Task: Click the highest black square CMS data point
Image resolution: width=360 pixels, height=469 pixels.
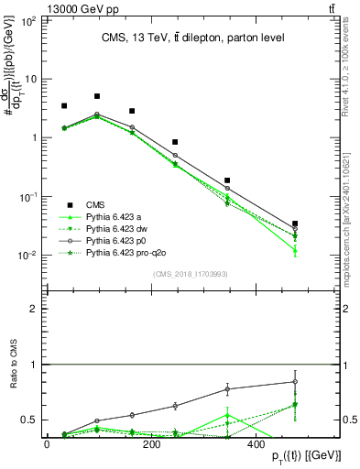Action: [x=97, y=96]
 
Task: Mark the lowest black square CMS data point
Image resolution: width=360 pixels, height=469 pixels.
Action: [x=295, y=224]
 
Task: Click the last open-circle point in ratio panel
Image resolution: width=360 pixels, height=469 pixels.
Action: [x=295, y=382]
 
